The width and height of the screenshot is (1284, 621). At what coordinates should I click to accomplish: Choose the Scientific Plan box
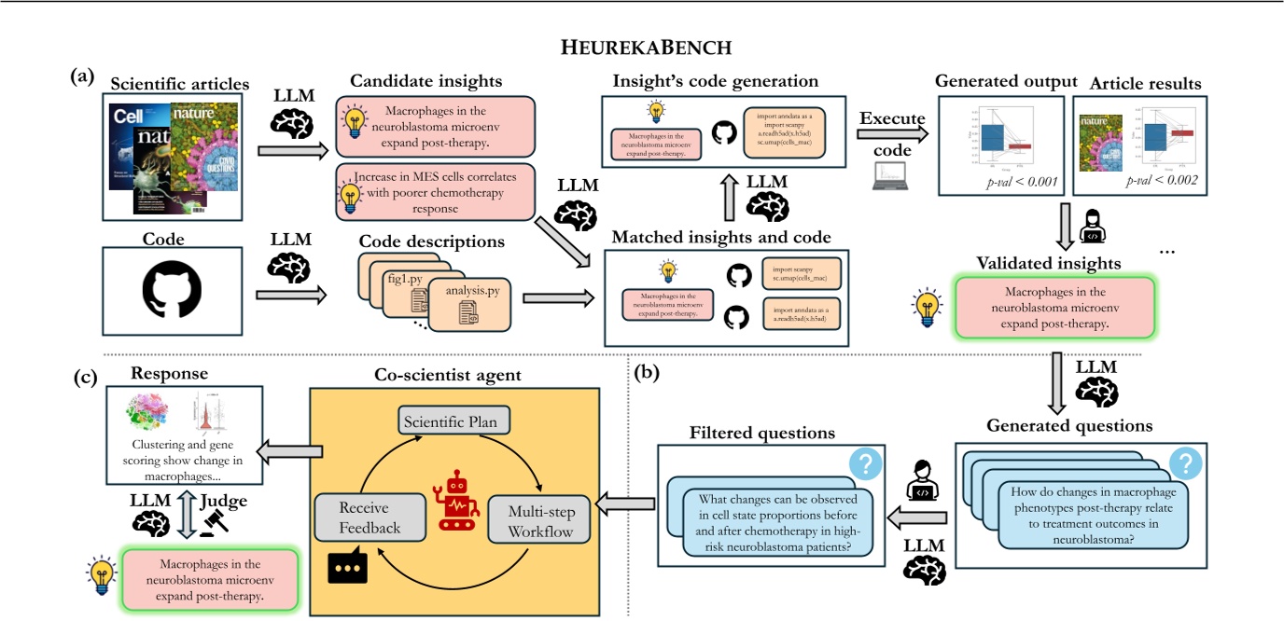tap(456, 421)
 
